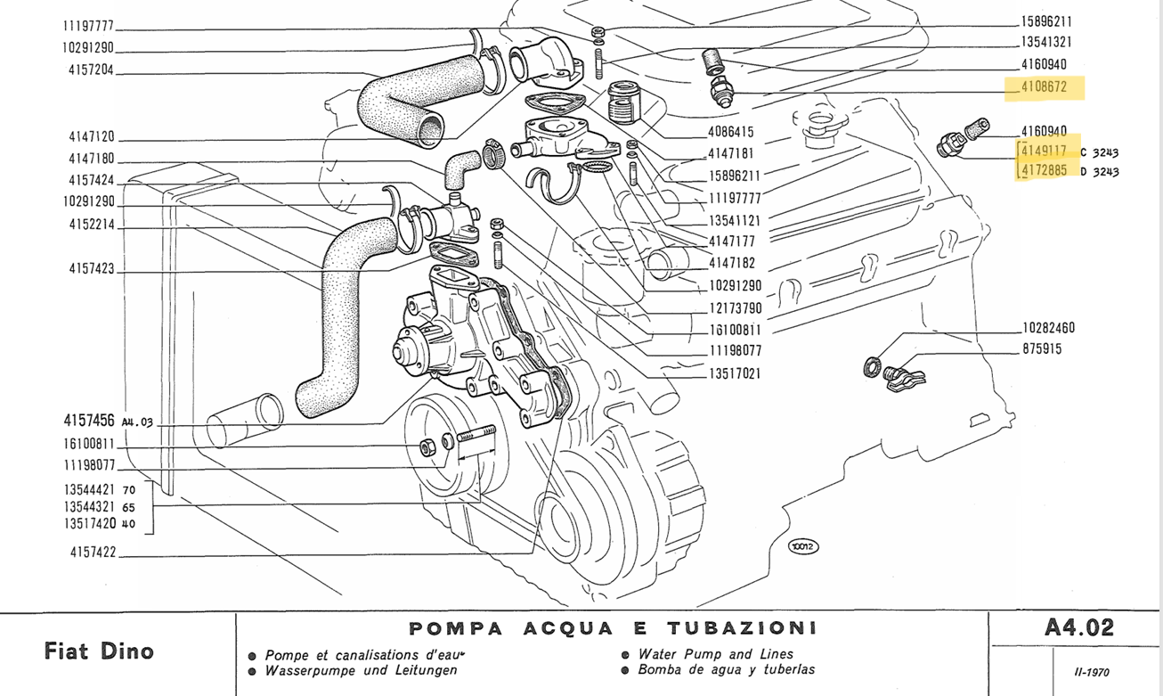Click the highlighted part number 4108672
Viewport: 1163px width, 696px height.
coord(1044,88)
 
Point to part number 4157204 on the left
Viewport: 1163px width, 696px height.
coord(91,72)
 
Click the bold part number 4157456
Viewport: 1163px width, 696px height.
coord(89,422)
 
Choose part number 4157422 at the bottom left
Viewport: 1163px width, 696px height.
coord(92,553)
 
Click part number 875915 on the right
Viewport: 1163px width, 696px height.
coord(1042,349)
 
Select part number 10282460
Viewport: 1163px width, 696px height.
coord(1048,328)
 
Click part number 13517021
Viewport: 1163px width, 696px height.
coord(735,374)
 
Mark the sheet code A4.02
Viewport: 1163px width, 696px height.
coord(1078,628)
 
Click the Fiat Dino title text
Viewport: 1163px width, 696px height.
coord(99,651)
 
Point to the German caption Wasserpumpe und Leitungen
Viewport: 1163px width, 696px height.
coord(361,670)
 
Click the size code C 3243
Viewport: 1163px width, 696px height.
coord(1100,152)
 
